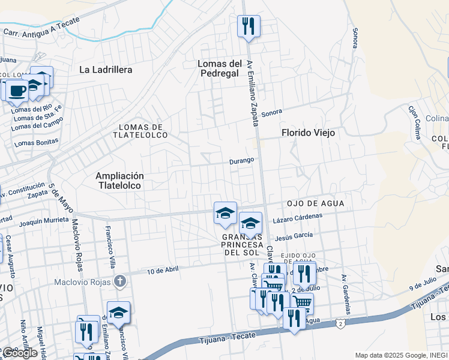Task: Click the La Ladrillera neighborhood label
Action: (106, 70)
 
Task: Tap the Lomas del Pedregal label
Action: (220, 68)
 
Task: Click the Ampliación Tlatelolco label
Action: (119, 181)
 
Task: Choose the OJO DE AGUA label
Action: (315, 203)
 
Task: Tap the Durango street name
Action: (243, 161)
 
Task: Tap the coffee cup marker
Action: (17, 91)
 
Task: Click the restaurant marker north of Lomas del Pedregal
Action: (248, 26)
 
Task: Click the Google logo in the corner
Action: (20, 353)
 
